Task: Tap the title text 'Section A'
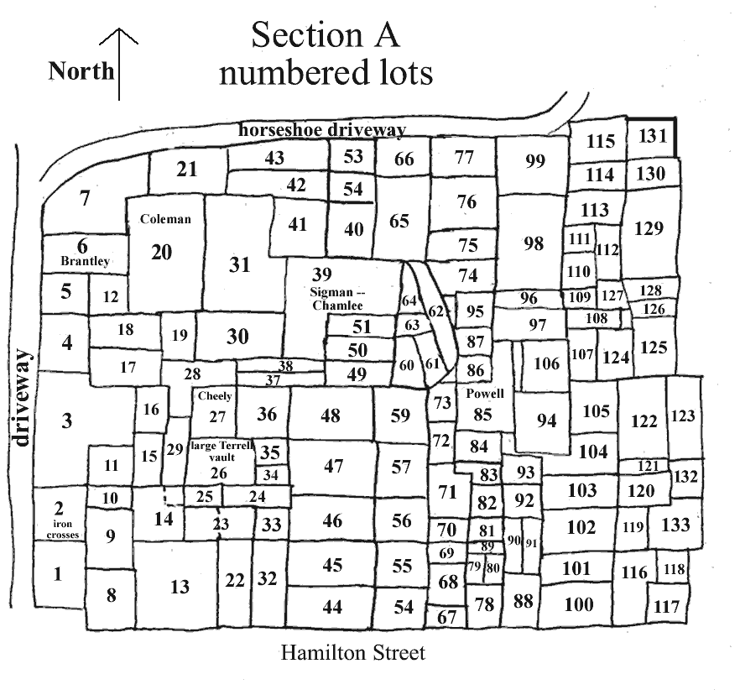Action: coord(326,35)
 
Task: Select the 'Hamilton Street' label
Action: coord(353,652)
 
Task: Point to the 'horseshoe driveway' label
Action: coord(322,130)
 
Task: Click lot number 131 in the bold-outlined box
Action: coord(652,136)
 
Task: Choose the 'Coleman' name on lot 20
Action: coord(165,219)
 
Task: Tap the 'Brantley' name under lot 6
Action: coord(85,261)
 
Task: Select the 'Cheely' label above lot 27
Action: coord(215,395)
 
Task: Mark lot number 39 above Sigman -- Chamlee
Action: coord(321,274)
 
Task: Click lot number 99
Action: coord(535,161)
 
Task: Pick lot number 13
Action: coord(180,587)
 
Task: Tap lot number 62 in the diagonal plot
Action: coord(436,311)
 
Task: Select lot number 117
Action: coord(666,606)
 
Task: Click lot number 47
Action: coord(333,466)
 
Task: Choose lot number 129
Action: coord(649,227)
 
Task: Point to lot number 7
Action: coord(84,198)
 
